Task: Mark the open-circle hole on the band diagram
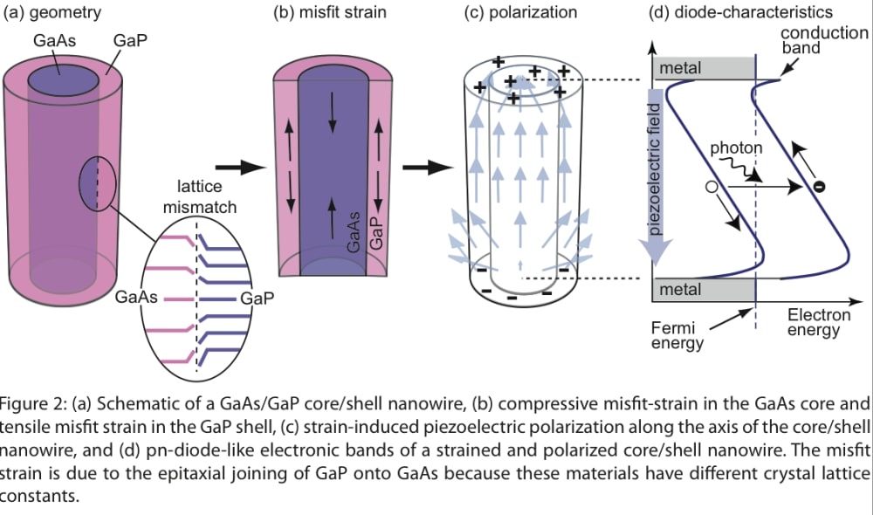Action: tap(712, 187)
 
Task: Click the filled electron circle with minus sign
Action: tap(819, 186)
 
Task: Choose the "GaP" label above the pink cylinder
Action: tap(128, 42)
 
